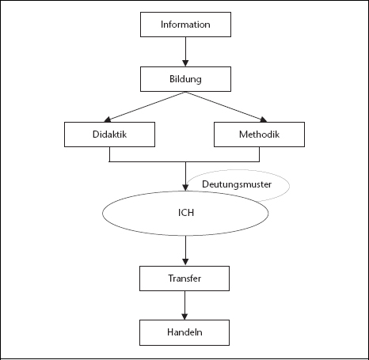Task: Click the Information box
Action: point(185,25)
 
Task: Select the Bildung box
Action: point(185,79)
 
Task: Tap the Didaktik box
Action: point(109,135)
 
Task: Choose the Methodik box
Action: point(259,135)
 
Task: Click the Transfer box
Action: point(184,279)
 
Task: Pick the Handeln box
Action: point(184,332)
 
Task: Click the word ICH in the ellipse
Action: point(186,213)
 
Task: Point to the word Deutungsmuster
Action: point(237,184)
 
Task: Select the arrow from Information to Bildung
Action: point(185,51)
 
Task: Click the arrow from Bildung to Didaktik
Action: point(145,107)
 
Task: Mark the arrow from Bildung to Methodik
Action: point(226,107)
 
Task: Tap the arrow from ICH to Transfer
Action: point(185,251)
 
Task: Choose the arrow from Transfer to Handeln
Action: point(184,305)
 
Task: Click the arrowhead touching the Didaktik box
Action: point(107,119)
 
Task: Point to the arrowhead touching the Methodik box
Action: point(264,119)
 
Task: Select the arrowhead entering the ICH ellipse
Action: point(185,188)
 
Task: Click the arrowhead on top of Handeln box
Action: point(184,316)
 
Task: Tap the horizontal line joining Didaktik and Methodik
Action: point(184,161)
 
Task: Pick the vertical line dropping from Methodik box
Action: point(259,154)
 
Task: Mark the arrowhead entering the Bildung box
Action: point(185,63)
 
